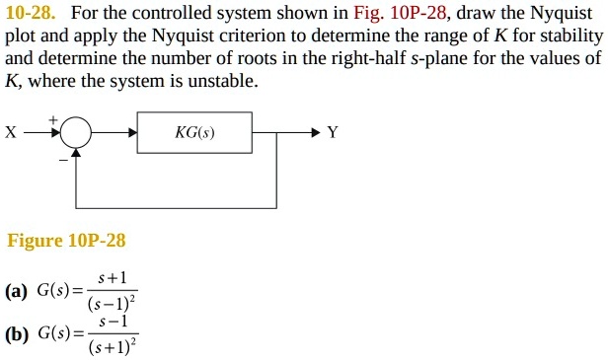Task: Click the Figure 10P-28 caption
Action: pyautogui.click(x=66, y=241)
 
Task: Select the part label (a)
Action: pyautogui.click(x=15, y=291)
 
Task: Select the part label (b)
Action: pyautogui.click(x=15, y=333)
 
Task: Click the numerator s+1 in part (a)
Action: pyautogui.click(x=112, y=279)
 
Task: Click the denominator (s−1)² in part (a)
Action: pyautogui.click(x=111, y=302)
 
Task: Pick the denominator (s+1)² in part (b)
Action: pyautogui.click(x=112, y=346)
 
